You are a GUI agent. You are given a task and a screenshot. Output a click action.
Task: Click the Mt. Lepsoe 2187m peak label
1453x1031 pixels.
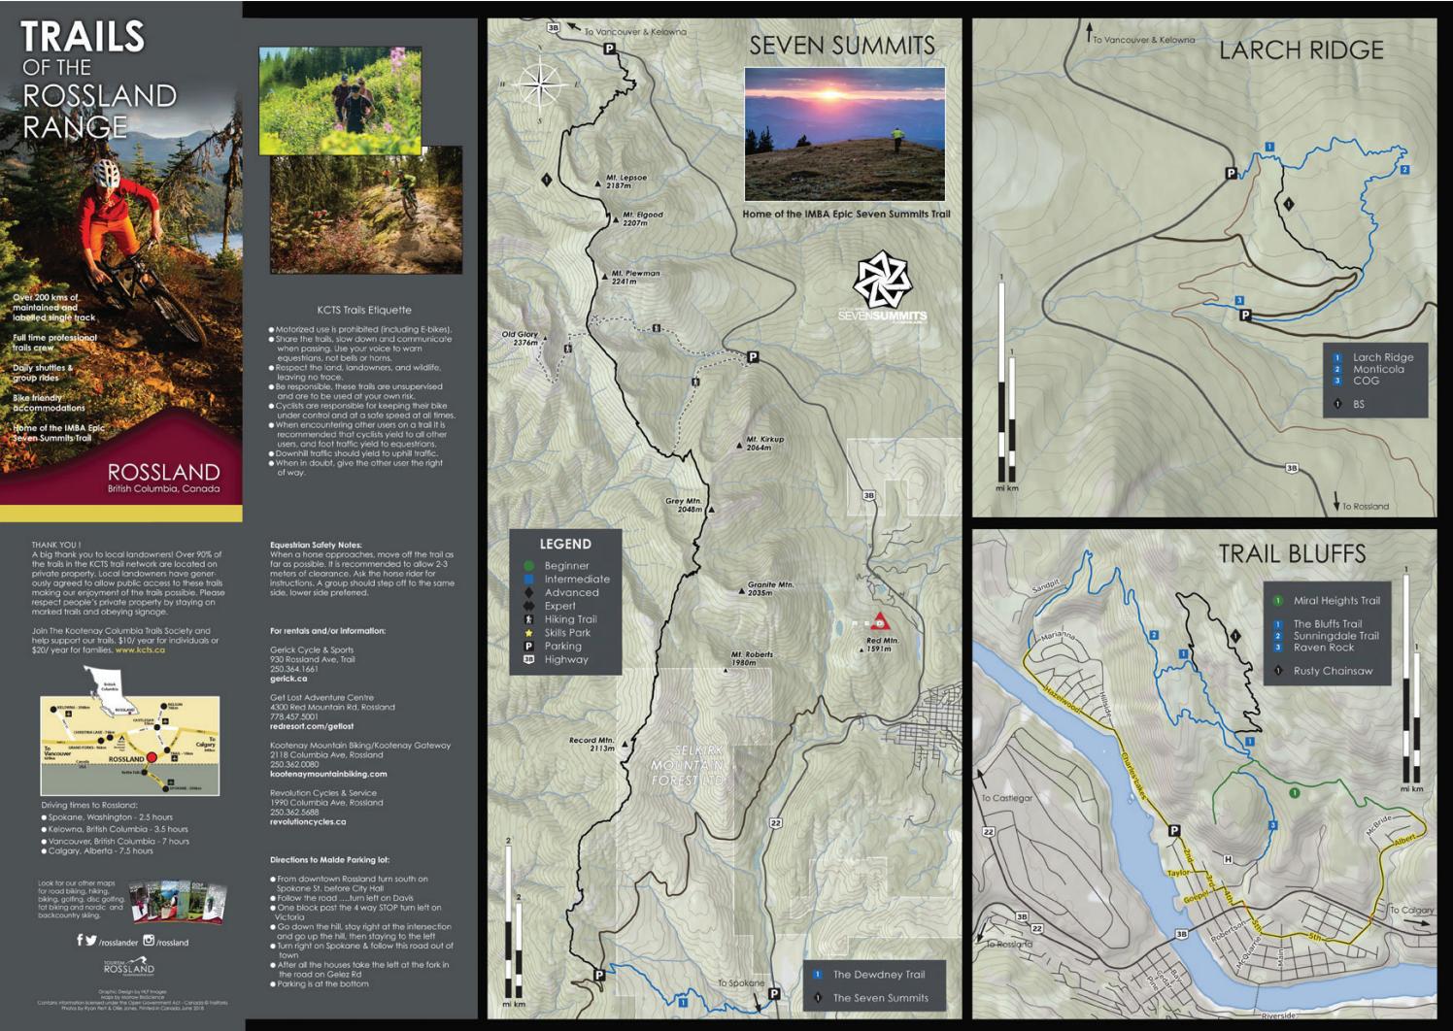coord(625,182)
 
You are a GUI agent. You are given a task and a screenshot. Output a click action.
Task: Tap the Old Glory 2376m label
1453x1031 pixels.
coord(520,338)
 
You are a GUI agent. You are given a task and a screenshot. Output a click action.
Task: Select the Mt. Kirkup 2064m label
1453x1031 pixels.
coord(764,444)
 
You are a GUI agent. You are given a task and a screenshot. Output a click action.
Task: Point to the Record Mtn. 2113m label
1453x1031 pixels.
coord(591,744)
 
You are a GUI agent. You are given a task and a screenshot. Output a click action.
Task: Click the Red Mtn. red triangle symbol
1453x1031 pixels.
coord(881,622)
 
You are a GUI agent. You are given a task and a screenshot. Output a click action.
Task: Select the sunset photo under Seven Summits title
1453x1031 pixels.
coord(844,134)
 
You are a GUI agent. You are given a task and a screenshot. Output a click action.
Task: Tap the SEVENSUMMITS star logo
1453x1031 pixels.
coord(882,281)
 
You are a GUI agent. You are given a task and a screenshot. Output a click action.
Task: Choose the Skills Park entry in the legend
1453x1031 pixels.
coord(567,633)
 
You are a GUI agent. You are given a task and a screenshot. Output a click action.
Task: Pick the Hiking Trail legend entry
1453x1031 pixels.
coord(570,619)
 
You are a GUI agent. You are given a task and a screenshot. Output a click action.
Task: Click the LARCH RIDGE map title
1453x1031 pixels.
coord(1301,50)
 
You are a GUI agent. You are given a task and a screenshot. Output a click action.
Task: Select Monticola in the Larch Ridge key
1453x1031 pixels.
coord(1378,369)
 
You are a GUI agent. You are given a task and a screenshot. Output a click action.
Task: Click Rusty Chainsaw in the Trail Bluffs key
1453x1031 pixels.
coord(1333,671)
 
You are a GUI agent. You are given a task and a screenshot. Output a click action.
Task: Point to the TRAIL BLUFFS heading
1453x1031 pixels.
coord(1292,554)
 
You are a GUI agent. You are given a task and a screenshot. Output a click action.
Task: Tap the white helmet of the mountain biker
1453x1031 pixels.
coord(106,175)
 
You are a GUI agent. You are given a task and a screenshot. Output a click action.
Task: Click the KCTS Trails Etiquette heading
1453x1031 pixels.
coord(364,311)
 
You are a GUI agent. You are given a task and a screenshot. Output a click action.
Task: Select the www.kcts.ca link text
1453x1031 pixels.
coord(140,650)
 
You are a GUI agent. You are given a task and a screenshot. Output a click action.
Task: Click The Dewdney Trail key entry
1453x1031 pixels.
coord(878,975)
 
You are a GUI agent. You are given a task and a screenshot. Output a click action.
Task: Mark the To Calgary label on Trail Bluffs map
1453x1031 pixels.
coord(1411,911)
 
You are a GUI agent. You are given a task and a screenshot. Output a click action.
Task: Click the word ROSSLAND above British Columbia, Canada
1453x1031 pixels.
coord(163,473)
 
